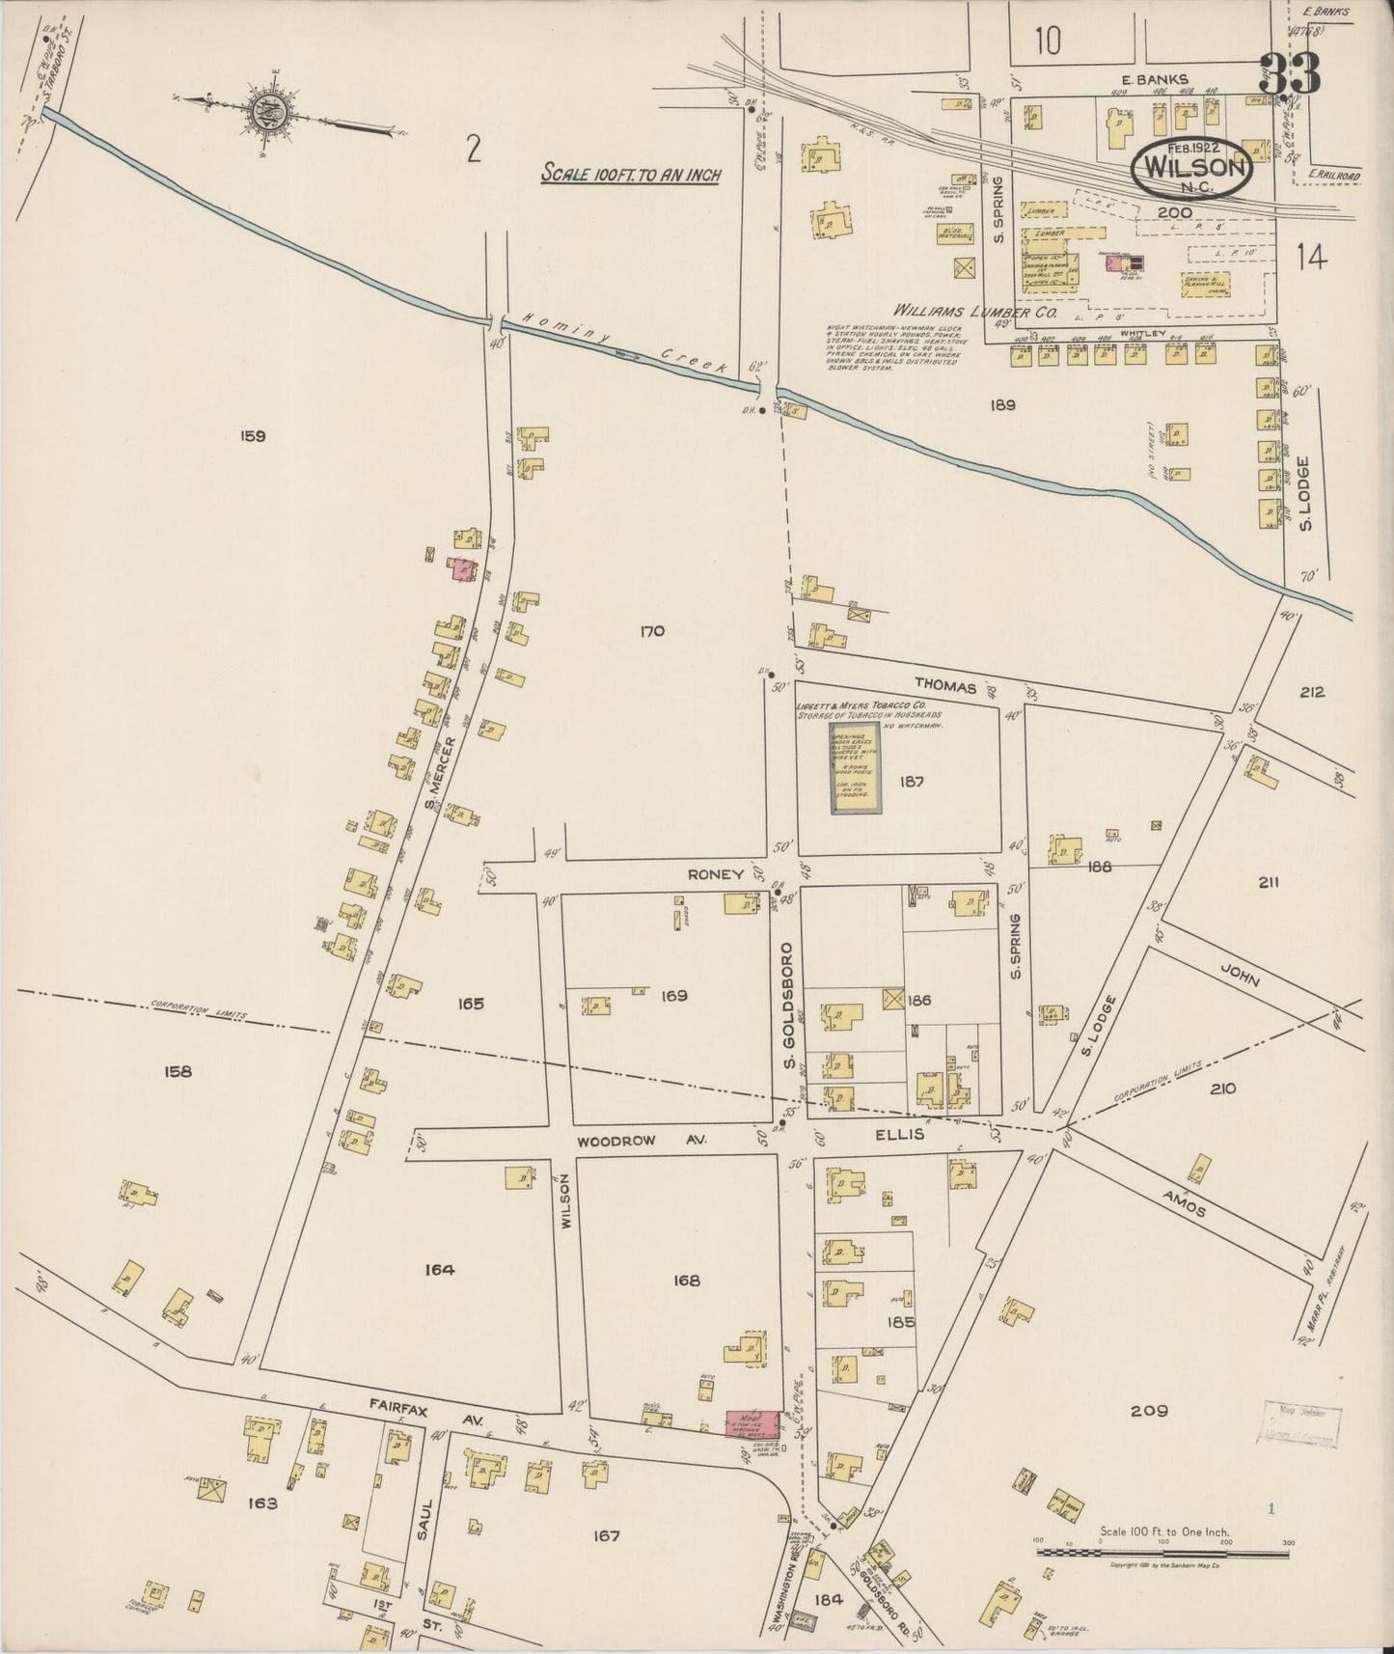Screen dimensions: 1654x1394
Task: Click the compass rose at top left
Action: click(263, 112)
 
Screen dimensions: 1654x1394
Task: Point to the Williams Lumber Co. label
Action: click(975, 313)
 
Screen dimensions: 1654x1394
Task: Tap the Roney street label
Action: click(715, 874)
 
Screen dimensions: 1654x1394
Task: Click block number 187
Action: click(911, 782)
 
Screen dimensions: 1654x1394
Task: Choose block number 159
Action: click(253, 436)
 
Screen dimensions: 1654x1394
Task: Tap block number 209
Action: click(1148, 1411)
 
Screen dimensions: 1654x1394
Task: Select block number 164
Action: click(438, 1270)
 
